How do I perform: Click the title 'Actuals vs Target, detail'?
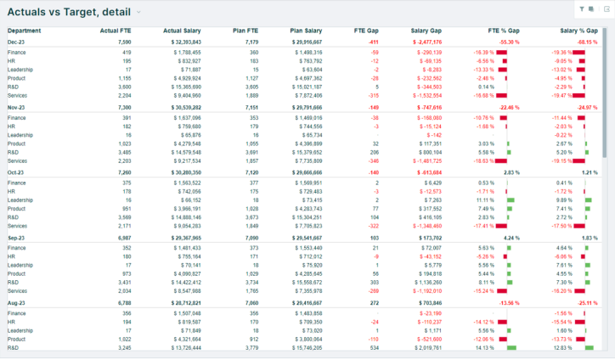69,11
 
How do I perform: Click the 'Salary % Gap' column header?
579,30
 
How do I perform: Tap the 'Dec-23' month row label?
17,41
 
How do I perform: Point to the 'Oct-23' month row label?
17,172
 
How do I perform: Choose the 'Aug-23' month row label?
17,303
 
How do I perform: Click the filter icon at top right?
581,9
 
